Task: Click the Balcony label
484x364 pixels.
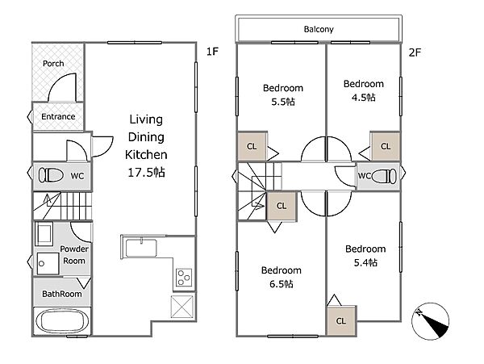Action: (319, 29)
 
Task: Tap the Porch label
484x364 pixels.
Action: (53, 64)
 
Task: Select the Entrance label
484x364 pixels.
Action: (58, 117)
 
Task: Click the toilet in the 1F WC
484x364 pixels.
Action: (51, 175)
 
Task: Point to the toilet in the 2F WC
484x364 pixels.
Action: (384, 177)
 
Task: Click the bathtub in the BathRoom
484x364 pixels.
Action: (62, 321)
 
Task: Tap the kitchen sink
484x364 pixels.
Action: (141, 248)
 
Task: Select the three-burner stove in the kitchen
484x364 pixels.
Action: (184, 278)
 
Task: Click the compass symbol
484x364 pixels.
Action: (430, 321)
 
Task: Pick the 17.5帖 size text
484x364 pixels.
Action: (146, 172)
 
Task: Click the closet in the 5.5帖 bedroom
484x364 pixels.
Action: (252, 146)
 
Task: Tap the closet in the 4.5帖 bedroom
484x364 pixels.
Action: (386, 146)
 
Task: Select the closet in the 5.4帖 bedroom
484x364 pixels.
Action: (341, 320)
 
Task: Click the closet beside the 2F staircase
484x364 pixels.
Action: (282, 206)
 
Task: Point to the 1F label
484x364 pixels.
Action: (212, 51)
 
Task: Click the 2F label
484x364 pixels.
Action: (415, 52)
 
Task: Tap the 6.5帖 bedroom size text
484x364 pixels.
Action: (282, 284)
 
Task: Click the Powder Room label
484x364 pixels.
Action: (74, 255)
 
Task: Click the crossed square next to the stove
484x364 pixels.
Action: (182, 307)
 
